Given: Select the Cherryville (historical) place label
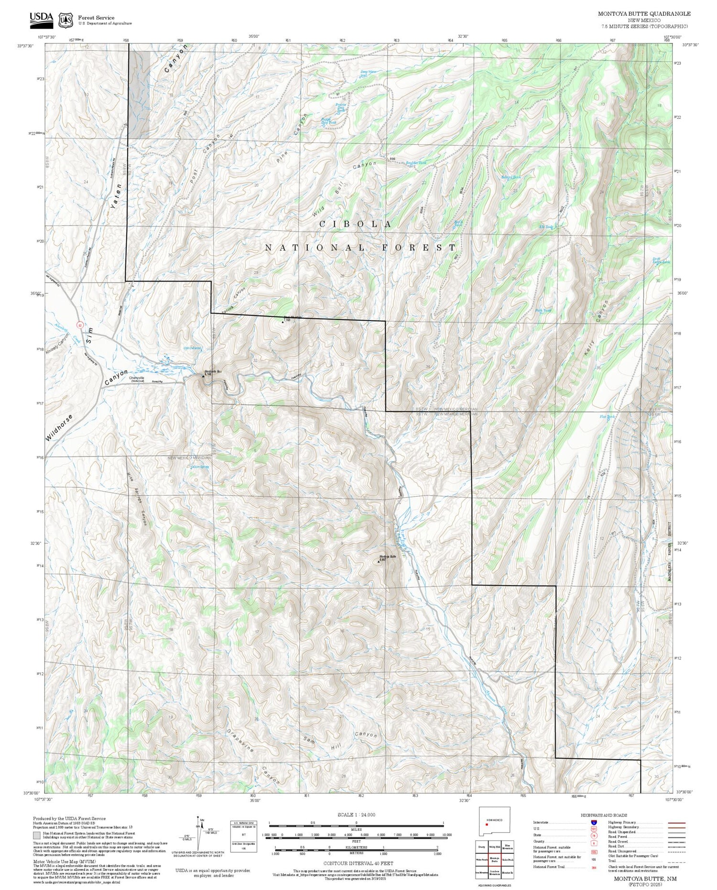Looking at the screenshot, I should pyautogui.click(x=137, y=379).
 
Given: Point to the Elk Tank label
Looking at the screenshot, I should pyautogui.click(x=545, y=227).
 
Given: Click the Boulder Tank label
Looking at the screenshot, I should pyautogui.click(x=415, y=163).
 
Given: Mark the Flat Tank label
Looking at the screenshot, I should pyautogui.click(x=607, y=417).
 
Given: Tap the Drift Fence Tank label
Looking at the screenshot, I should pyautogui.click(x=662, y=260).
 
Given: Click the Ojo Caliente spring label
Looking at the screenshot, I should pyautogui.click(x=192, y=348).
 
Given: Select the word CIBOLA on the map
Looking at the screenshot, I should pyautogui.click(x=356, y=224).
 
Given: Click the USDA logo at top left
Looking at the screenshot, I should pyautogui.click(x=41, y=18).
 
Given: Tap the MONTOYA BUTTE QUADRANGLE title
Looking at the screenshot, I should pyautogui.click(x=644, y=14).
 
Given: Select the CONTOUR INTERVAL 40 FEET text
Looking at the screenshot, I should pyautogui.click(x=358, y=863).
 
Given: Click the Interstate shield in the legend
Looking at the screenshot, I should pyautogui.click(x=594, y=823).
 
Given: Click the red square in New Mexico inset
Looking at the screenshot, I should pyautogui.click(x=487, y=824).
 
